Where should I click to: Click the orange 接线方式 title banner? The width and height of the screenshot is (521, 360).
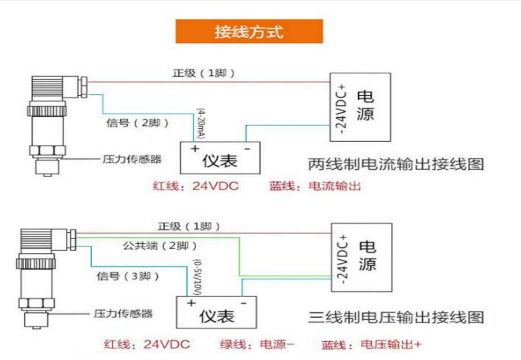tap(249, 31)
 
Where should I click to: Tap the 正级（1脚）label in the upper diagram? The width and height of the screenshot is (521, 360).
tap(204, 73)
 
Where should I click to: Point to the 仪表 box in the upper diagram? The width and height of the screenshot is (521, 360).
tap(220, 158)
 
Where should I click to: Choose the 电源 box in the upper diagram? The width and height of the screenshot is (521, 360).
tap(360, 106)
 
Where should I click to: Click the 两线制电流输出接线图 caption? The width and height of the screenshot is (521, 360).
tap(397, 164)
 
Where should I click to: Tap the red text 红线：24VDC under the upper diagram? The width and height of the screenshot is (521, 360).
tap(196, 186)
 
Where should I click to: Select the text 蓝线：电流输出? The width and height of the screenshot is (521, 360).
tap(315, 186)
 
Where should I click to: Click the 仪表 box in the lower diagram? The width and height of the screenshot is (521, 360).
tap(216, 314)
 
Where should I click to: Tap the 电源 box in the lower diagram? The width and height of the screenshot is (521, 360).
tap(362, 257)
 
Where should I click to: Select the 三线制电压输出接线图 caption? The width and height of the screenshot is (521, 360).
tap(397, 317)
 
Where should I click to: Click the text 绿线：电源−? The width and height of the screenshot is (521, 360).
tap(258, 345)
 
